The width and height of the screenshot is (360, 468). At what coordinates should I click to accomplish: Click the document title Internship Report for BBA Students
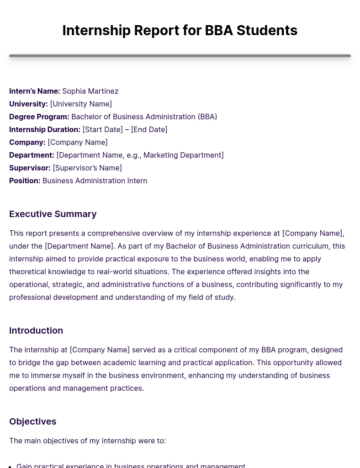(x=180, y=30)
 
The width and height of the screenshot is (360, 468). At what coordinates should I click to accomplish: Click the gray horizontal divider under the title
(x=180, y=56)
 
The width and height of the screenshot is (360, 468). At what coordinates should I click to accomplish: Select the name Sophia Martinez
(x=90, y=91)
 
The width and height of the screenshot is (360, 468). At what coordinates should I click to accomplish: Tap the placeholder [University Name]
(x=81, y=104)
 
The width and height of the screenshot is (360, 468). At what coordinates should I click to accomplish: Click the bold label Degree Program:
(x=39, y=117)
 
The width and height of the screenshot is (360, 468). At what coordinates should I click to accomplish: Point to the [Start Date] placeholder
(x=102, y=129)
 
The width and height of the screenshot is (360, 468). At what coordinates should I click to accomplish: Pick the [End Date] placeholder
(x=149, y=129)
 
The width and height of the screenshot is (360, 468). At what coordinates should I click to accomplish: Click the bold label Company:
(x=27, y=142)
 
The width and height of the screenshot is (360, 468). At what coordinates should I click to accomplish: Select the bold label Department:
(x=32, y=155)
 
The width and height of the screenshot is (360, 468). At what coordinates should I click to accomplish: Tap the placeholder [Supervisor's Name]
(x=87, y=168)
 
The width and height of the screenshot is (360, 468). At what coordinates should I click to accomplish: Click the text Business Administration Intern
(x=95, y=181)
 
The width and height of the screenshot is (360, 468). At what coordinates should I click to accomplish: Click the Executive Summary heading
(x=53, y=214)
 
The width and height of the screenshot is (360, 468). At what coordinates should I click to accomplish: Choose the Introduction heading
(x=36, y=330)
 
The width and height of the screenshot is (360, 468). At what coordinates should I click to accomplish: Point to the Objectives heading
(x=32, y=421)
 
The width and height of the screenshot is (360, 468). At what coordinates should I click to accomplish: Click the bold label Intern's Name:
(x=35, y=91)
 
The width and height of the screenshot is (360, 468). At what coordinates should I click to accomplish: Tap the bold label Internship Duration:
(x=45, y=129)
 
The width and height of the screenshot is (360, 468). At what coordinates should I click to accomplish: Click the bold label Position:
(x=25, y=181)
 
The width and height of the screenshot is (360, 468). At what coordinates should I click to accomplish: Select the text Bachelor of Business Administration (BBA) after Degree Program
(x=144, y=117)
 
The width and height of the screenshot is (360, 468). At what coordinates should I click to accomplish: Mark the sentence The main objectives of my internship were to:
(x=87, y=441)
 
